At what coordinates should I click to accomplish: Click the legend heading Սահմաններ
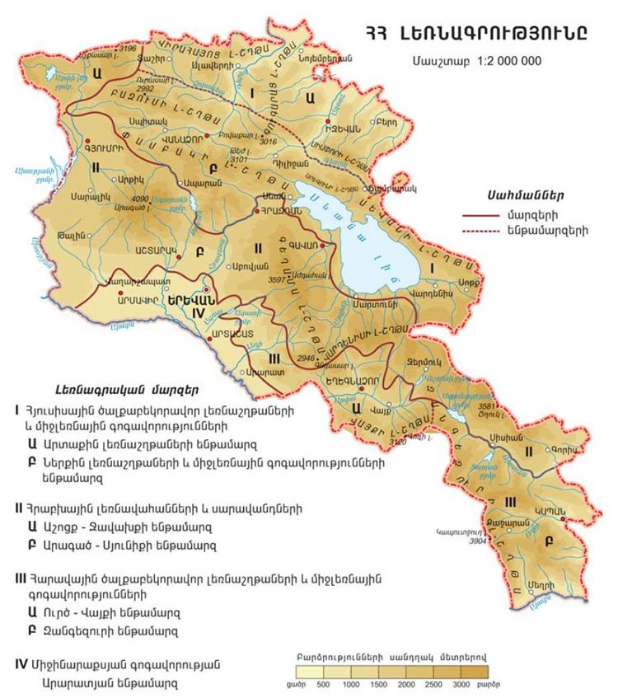tap(513, 195)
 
